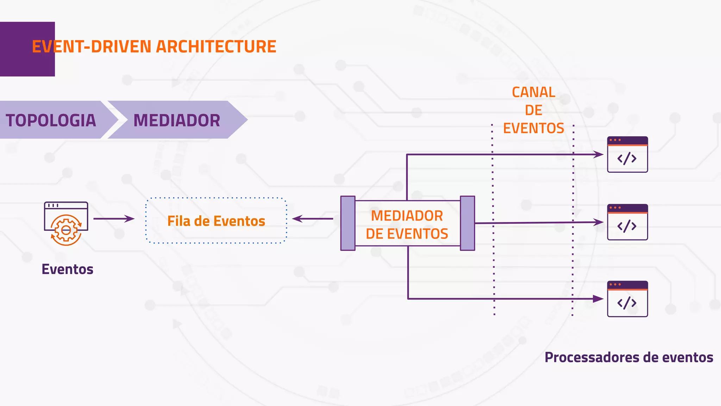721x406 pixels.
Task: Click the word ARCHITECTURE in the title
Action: pos(216,47)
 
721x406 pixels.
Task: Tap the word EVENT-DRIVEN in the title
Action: pos(92,47)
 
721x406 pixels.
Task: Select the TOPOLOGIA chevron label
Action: pos(51,120)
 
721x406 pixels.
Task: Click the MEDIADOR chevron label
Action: pos(176,120)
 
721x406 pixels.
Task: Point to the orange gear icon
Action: pos(66,230)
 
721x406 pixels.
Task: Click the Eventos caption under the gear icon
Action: pos(67,269)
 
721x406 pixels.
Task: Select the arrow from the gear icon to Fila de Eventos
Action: pos(114,219)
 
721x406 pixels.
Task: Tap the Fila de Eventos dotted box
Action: pos(216,221)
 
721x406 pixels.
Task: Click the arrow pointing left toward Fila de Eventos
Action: pos(312,219)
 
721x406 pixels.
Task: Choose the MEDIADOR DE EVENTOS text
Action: pos(407,224)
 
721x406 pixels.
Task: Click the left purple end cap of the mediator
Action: pos(348,223)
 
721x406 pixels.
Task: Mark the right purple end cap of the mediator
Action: pos(468,223)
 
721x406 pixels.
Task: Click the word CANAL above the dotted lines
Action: pos(533,92)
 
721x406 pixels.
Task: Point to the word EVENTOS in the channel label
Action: pos(533,128)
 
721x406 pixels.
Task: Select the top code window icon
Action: pos(627,154)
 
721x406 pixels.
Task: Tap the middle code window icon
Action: pos(627,222)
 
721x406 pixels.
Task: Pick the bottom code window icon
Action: pos(627,299)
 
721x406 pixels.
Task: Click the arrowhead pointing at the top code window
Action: pos(598,154)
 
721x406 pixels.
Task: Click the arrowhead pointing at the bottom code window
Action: pos(598,299)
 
